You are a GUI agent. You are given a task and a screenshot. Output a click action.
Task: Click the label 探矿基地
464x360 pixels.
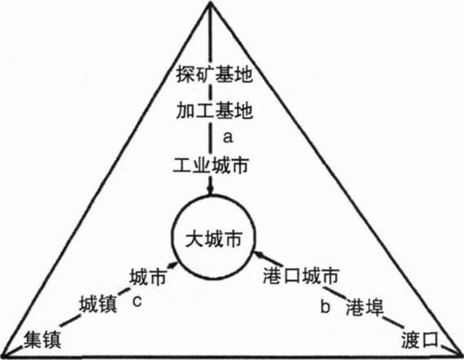215,74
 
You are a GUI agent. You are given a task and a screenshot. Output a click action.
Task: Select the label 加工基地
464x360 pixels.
215,111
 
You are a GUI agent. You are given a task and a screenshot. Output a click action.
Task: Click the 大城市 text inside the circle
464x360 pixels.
213,239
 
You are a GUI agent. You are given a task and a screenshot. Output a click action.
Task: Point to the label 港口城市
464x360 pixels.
300,276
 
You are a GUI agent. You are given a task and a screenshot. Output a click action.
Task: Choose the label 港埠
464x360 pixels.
364,307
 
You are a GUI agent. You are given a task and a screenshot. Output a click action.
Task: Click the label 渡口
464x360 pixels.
419,340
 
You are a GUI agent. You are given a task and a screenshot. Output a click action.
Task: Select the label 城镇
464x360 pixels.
98,304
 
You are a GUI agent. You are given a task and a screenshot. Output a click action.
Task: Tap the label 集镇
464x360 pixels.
42,340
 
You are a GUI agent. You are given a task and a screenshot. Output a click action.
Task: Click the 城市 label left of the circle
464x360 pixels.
148,277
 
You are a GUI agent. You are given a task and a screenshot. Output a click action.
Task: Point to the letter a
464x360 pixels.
228,138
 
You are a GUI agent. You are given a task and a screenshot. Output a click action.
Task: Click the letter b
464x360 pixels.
326,306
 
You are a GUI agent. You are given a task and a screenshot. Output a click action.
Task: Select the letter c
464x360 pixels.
137,301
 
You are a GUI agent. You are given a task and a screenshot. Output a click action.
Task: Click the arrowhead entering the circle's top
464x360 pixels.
210,190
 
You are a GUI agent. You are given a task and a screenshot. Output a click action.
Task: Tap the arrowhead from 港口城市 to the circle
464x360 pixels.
260,254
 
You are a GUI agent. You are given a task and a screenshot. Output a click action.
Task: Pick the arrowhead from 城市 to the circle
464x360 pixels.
173,265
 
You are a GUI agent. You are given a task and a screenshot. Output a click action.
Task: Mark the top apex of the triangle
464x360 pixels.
210,2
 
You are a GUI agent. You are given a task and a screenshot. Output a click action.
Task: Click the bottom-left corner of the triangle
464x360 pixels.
2,356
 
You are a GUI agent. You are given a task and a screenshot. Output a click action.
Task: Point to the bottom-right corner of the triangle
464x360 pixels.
461,354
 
